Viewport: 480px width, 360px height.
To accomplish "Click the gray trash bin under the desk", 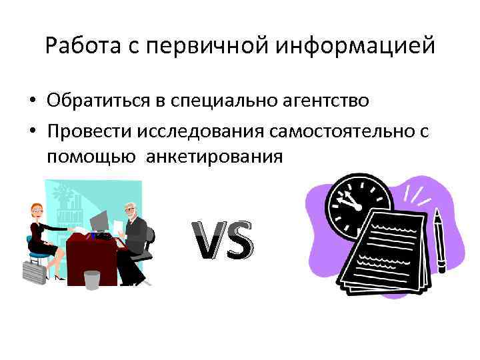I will click(92, 279).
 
